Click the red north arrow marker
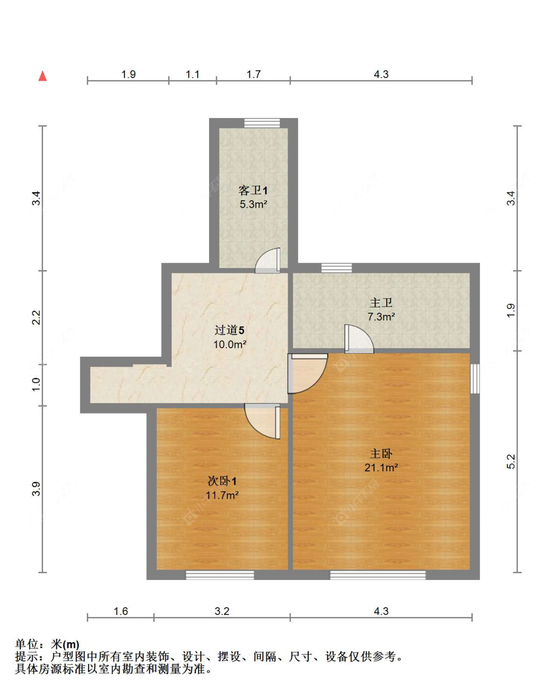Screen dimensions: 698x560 click(43, 76)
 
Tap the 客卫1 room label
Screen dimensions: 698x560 click(253, 190)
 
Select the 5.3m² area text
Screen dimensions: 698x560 click(253, 204)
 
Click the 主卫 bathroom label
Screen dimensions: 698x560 click(381, 303)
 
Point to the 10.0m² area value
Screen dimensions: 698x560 click(229, 344)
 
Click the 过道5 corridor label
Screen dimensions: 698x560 click(229, 330)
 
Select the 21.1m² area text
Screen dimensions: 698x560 click(381, 467)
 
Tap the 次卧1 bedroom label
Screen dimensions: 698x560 click(222, 481)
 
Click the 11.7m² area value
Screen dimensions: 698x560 click(222, 495)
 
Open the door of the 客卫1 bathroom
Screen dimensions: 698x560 click(269, 261)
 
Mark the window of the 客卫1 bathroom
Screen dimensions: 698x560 click(262, 123)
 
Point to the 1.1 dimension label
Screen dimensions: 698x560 click(192, 74)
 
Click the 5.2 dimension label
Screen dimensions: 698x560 click(511, 462)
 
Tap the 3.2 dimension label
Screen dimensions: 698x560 click(222, 611)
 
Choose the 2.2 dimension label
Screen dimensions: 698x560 click(36, 317)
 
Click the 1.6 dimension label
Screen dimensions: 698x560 click(120, 611)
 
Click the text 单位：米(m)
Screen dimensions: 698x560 click(47, 644)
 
